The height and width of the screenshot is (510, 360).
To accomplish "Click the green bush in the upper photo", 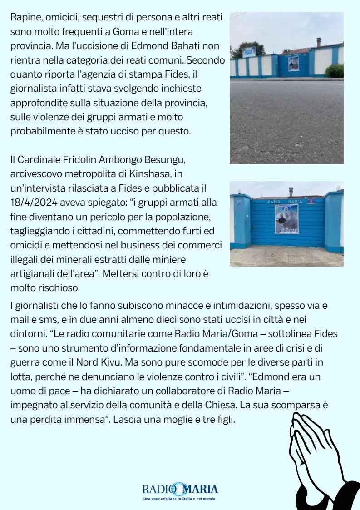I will click(335, 70).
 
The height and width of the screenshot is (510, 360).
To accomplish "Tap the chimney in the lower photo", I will click(290, 191).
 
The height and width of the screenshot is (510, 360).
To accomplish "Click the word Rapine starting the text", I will click(24, 17).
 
